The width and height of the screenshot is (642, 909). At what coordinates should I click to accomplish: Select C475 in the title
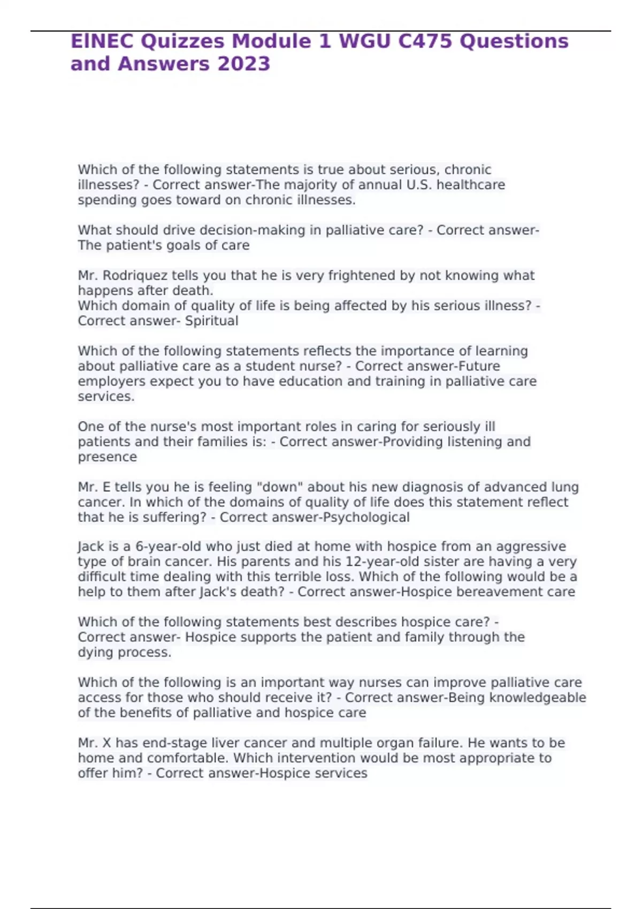click(x=425, y=41)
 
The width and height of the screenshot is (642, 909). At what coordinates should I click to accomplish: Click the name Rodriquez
click(x=135, y=275)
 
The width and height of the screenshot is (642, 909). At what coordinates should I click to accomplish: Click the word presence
click(x=107, y=457)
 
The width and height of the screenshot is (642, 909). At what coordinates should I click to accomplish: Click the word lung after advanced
click(x=564, y=487)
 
